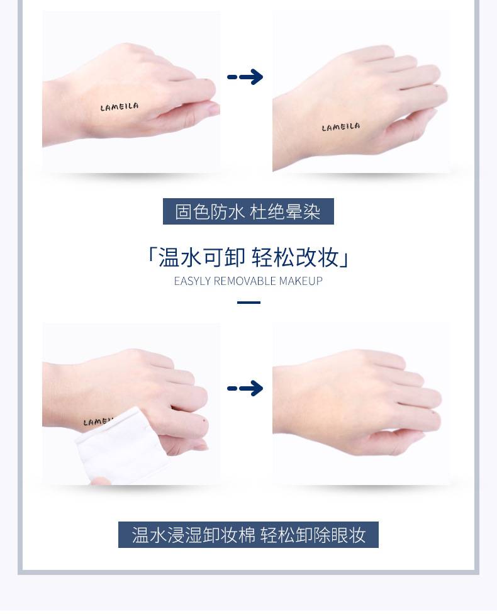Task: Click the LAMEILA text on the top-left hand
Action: pos(119,107)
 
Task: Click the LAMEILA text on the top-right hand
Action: pos(340,127)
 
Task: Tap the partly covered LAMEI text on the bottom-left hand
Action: pos(98,421)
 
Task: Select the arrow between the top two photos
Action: pos(245,77)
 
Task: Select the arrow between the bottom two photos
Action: pos(245,388)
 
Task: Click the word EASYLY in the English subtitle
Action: pos(192,281)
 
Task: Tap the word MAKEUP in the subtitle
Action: pos(300,281)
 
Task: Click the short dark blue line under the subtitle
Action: pos(248,303)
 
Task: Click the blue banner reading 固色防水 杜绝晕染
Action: pos(248,211)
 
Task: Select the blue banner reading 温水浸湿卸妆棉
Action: pos(248,535)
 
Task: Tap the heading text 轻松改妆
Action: pos(295,258)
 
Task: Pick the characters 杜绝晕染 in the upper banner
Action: pos(285,211)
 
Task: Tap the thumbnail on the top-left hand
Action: pos(213,109)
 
